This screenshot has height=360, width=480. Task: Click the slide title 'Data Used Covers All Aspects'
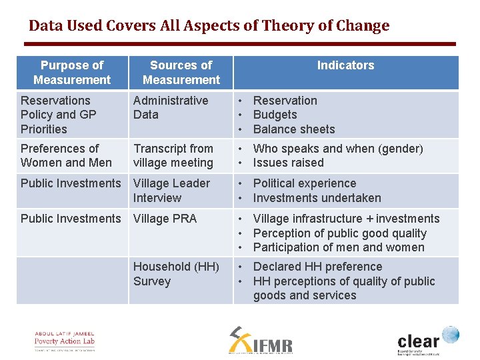point(209,26)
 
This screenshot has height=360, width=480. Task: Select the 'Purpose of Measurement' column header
point(72,73)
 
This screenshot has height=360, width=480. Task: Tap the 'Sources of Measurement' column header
point(181,73)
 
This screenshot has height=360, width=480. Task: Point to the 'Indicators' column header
point(345,65)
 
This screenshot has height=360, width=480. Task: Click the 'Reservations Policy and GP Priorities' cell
point(59,115)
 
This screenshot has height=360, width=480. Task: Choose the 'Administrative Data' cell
point(171,107)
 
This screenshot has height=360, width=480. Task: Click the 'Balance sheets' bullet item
point(293,129)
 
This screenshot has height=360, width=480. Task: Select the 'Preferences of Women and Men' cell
point(66,155)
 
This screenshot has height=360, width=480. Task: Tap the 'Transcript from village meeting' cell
point(173,155)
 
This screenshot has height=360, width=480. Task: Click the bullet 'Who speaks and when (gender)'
point(338,149)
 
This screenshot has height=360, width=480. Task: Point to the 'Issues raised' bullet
point(288,163)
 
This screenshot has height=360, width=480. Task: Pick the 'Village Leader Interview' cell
point(171,191)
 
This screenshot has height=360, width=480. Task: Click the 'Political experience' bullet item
point(305,183)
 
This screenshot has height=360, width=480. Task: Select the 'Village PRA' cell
point(165,219)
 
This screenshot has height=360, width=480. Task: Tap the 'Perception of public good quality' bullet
point(339,233)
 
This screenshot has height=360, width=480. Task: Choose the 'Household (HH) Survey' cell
point(176,274)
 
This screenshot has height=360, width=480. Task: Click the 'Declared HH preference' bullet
point(317,267)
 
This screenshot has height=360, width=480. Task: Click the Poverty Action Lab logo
point(65,341)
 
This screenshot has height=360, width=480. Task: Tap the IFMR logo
point(261,341)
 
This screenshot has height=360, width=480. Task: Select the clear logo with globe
point(427,341)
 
